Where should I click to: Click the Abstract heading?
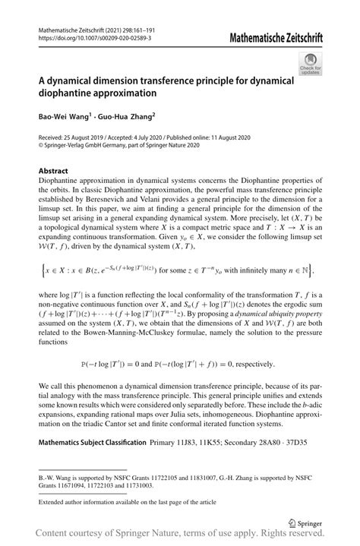(x=55, y=172)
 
